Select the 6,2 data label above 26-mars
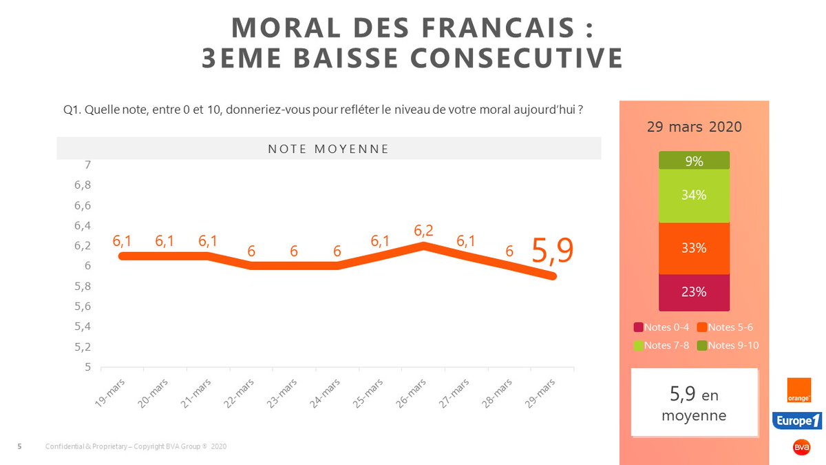click(423, 231)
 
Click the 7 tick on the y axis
click(87, 165)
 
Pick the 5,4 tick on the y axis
click(83, 327)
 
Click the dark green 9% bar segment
click(694, 161)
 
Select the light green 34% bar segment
click(694, 196)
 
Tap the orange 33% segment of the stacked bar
click(694, 248)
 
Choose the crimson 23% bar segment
click(694, 292)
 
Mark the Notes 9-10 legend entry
click(728, 345)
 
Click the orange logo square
click(800, 390)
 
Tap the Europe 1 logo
click(796, 420)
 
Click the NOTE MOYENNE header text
click(328, 149)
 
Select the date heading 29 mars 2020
click(694, 128)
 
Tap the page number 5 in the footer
click(19, 447)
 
